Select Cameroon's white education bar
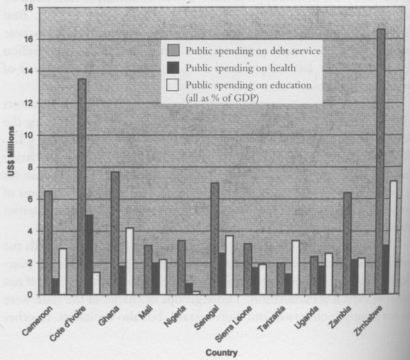click(x=63, y=271)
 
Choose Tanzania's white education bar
click(x=296, y=266)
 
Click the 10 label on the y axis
click(x=28, y=135)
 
